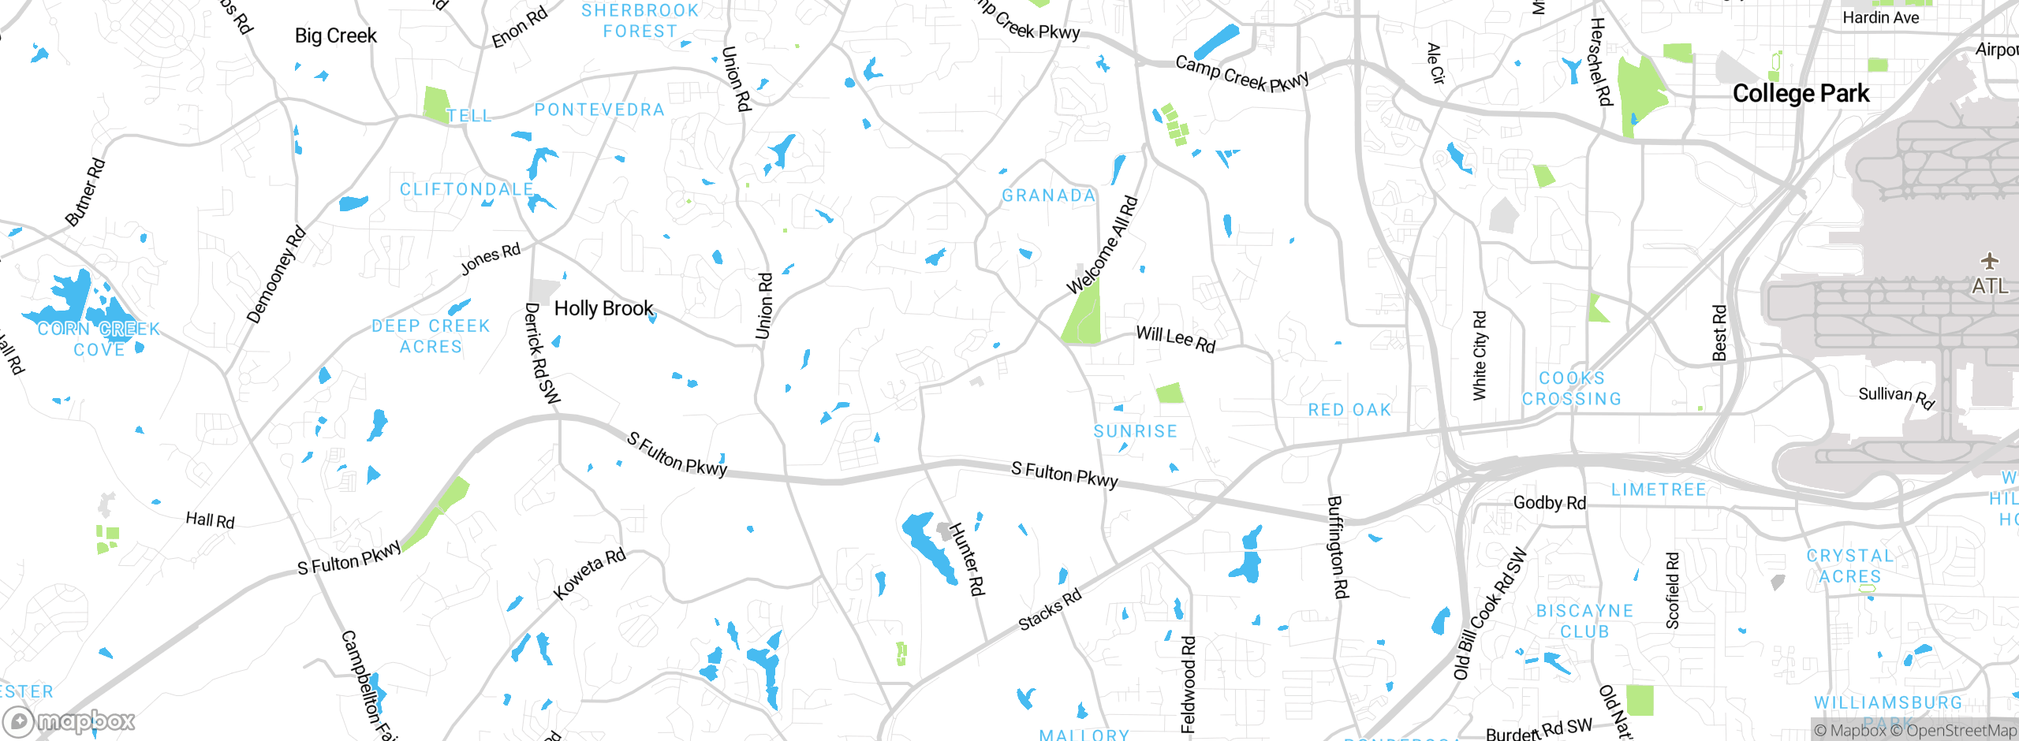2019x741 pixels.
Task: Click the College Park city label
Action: pyautogui.click(x=1801, y=94)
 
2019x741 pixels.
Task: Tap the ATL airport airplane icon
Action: pyautogui.click(x=1990, y=261)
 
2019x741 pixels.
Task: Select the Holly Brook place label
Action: pyautogui.click(x=603, y=308)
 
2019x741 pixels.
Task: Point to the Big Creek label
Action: pyautogui.click(x=335, y=35)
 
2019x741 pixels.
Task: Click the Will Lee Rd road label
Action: pyautogui.click(x=1175, y=339)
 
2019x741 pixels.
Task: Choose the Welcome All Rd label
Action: pyautogui.click(x=1102, y=245)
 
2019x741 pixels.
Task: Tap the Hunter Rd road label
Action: pyautogui.click(x=967, y=559)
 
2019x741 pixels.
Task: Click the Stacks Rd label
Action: pyautogui.click(x=1050, y=610)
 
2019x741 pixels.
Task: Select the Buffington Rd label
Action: pyautogui.click(x=1338, y=546)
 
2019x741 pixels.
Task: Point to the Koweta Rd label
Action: pyautogui.click(x=589, y=574)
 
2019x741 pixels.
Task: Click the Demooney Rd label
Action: pyautogui.click(x=275, y=275)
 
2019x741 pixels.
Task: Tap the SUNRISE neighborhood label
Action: pyautogui.click(x=1135, y=431)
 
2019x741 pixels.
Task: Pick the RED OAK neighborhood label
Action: pyautogui.click(x=1349, y=410)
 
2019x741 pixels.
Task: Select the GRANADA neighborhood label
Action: pyautogui.click(x=1048, y=195)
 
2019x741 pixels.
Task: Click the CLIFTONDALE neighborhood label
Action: pyautogui.click(x=466, y=189)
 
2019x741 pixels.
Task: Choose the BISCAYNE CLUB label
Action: pyautogui.click(x=1584, y=621)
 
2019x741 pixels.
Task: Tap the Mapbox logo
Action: pyautogui.click(x=69, y=721)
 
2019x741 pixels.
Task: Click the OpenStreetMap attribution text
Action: pyautogui.click(x=1961, y=731)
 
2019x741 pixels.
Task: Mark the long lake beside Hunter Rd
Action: pyautogui.click(x=929, y=549)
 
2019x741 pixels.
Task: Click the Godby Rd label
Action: pyautogui.click(x=1549, y=503)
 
